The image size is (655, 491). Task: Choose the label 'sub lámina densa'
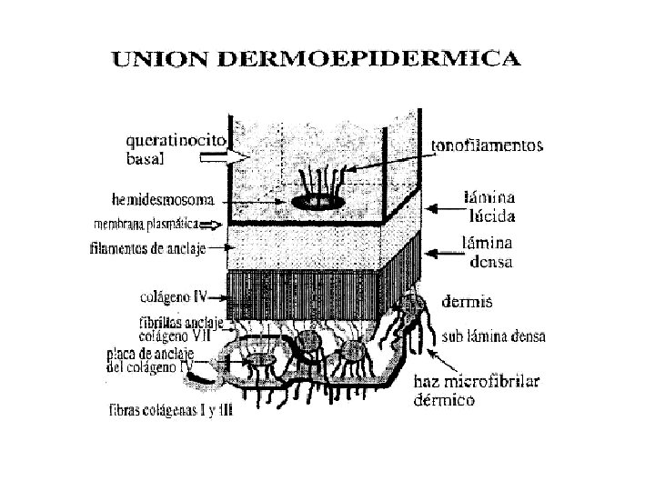click(x=493, y=336)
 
